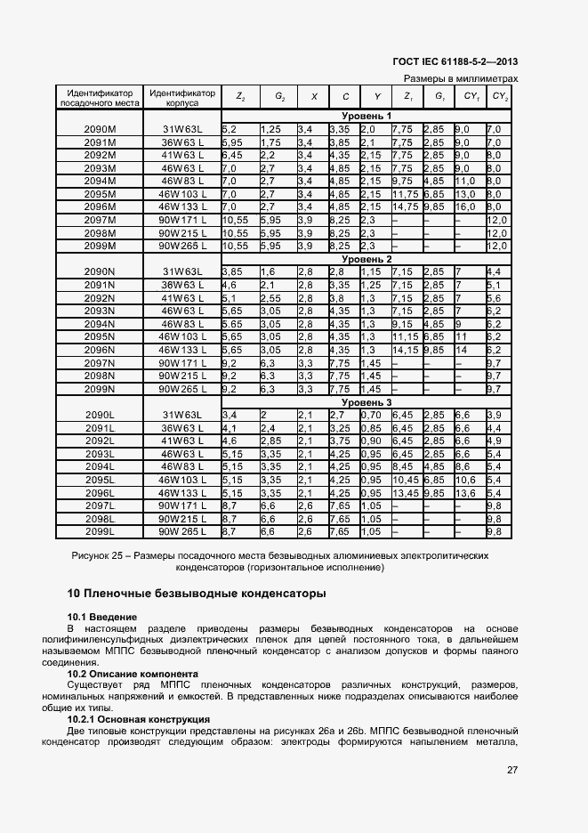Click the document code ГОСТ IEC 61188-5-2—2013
(455, 61)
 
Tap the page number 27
(511, 771)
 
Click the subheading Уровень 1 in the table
(366, 117)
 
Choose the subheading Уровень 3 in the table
(366, 402)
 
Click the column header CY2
(500, 96)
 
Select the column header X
(313, 96)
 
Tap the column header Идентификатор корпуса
(182, 97)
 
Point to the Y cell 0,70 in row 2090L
(373, 415)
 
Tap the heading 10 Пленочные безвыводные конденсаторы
(196, 593)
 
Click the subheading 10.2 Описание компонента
(133, 674)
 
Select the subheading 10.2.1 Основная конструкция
(138, 719)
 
